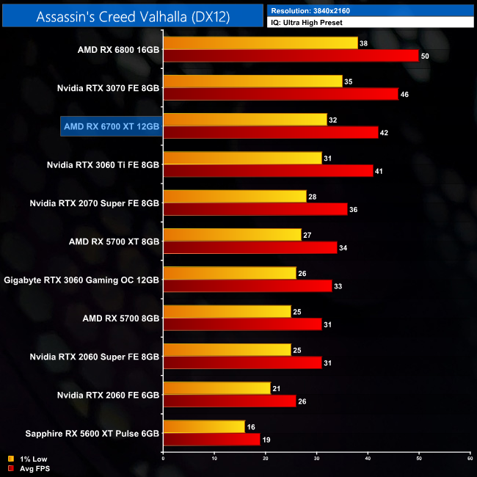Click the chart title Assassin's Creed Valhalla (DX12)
132,16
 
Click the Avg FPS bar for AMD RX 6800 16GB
291,56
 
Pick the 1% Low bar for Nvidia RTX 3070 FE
252,81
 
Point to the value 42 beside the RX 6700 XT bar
385,133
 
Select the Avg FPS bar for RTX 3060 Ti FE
268,171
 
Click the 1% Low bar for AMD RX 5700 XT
232,234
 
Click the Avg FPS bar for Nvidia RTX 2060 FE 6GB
230,400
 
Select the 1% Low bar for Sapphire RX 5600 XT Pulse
205,425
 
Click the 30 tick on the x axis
316,459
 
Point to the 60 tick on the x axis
469,459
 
